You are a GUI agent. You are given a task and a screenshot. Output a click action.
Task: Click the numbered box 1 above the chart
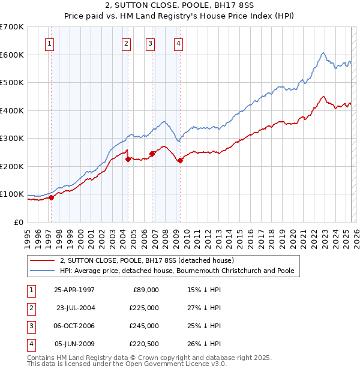[x=49, y=43]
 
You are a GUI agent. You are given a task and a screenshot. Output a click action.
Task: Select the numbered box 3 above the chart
[x=149, y=43]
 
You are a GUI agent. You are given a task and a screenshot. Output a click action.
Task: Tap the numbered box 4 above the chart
[x=179, y=43]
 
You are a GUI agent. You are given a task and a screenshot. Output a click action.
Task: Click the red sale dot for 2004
[x=128, y=159]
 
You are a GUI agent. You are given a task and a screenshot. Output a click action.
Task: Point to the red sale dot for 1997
[x=52, y=197]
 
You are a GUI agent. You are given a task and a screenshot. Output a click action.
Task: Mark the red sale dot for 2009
[x=180, y=160]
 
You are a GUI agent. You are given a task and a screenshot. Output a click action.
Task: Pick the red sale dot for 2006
[x=152, y=154]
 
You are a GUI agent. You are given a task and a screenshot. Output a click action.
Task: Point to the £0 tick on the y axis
[x=19, y=222]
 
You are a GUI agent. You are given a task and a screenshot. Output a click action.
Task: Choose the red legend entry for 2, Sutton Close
[x=151, y=260]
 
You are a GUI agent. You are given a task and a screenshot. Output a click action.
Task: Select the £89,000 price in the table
[x=145, y=290]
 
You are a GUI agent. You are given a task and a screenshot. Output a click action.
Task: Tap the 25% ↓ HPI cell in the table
[x=204, y=326]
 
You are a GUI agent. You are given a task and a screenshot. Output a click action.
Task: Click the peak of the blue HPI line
[x=323, y=53]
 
